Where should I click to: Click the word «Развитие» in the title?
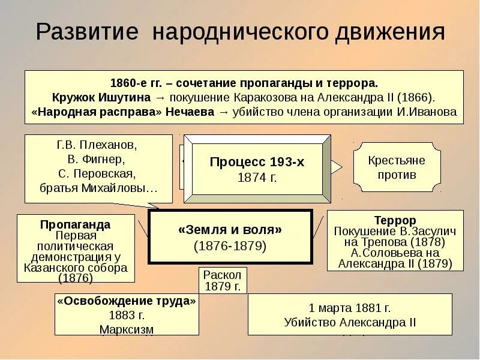tap(86, 32)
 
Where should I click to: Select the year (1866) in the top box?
tap(415, 97)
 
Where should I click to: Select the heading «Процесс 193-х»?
tap(257, 162)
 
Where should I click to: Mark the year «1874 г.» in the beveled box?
tap(257, 177)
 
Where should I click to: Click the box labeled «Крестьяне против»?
tap(397, 167)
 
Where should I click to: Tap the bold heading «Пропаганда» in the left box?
tap(75, 224)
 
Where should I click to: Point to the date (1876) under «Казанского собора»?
tap(75, 278)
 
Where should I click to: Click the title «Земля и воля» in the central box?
tap(230, 229)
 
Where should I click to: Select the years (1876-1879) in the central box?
tap(230, 246)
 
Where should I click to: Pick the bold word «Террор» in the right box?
tap(395, 220)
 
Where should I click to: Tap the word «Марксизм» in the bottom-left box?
tap(127, 329)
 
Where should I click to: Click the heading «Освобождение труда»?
tap(127, 301)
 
